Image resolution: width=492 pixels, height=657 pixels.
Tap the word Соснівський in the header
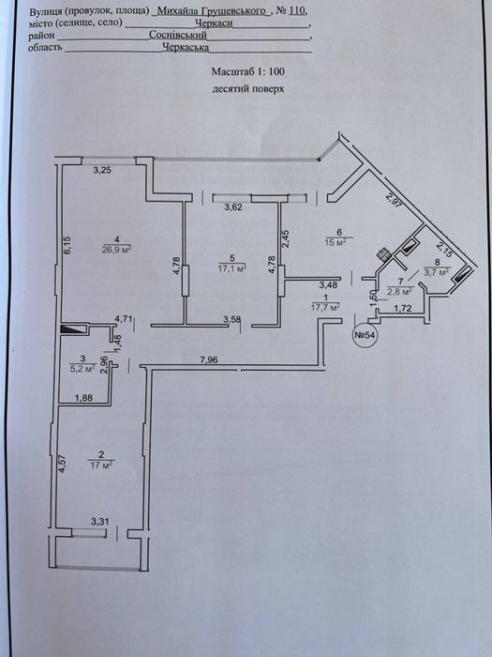click(178, 35)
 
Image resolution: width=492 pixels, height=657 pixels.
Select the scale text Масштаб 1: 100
click(248, 71)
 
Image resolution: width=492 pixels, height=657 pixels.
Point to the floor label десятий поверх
click(248, 89)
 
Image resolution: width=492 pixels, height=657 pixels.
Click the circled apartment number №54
click(365, 335)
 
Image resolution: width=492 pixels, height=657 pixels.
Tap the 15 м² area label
click(338, 242)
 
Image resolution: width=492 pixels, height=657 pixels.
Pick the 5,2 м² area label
click(82, 369)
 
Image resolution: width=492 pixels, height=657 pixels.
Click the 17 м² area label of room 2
click(101, 465)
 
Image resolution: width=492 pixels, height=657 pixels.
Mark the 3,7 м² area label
click(437, 272)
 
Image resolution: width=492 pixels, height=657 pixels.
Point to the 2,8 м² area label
click(401, 290)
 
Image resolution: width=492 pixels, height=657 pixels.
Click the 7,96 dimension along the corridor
click(208, 359)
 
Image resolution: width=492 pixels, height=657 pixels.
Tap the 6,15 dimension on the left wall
click(68, 245)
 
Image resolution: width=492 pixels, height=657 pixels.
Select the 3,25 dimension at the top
click(102, 170)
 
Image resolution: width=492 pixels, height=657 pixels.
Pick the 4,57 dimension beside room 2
click(63, 464)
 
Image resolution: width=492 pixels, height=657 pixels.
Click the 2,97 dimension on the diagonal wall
click(393, 202)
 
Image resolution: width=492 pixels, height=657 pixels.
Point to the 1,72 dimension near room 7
click(403, 309)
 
